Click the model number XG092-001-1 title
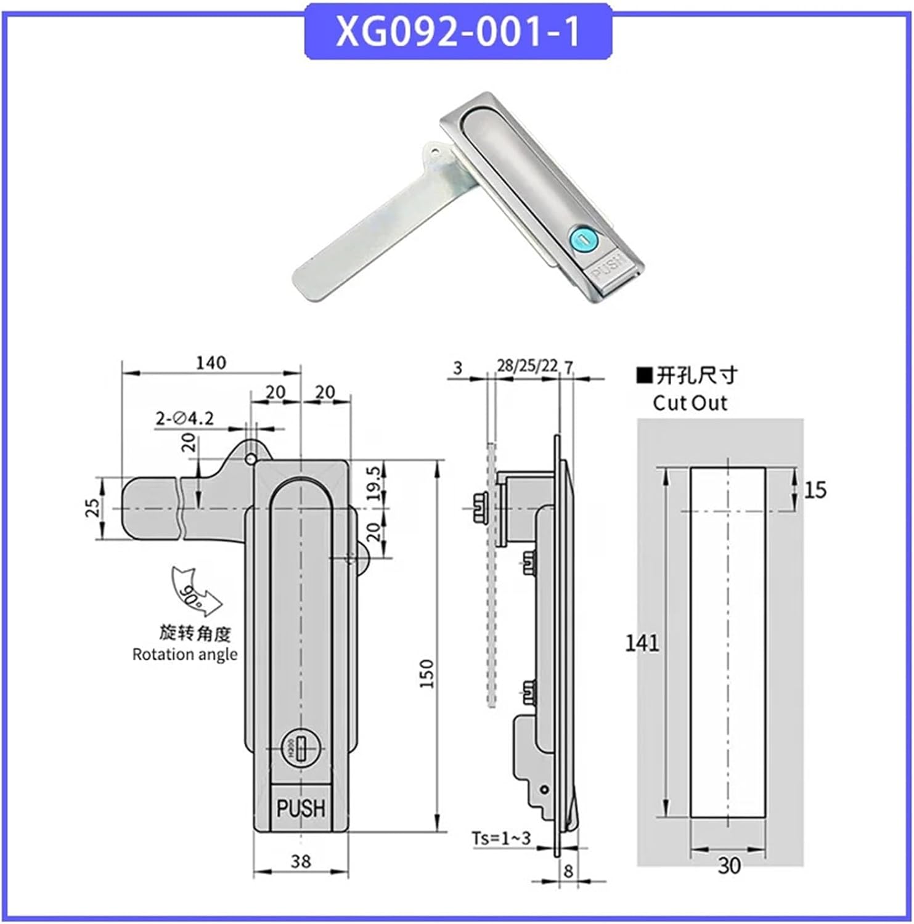(458, 32)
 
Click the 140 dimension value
(211, 362)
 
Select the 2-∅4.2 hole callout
(184, 419)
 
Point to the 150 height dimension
(427, 673)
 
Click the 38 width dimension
(300, 861)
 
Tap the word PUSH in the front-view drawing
(300, 808)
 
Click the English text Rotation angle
(185, 654)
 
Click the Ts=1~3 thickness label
(500, 838)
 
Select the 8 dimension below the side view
(568, 870)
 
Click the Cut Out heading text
(690, 403)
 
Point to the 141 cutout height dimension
(642, 643)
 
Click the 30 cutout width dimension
(728, 865)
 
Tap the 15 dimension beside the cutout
(814, 490)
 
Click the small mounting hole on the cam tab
(250, 460)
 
